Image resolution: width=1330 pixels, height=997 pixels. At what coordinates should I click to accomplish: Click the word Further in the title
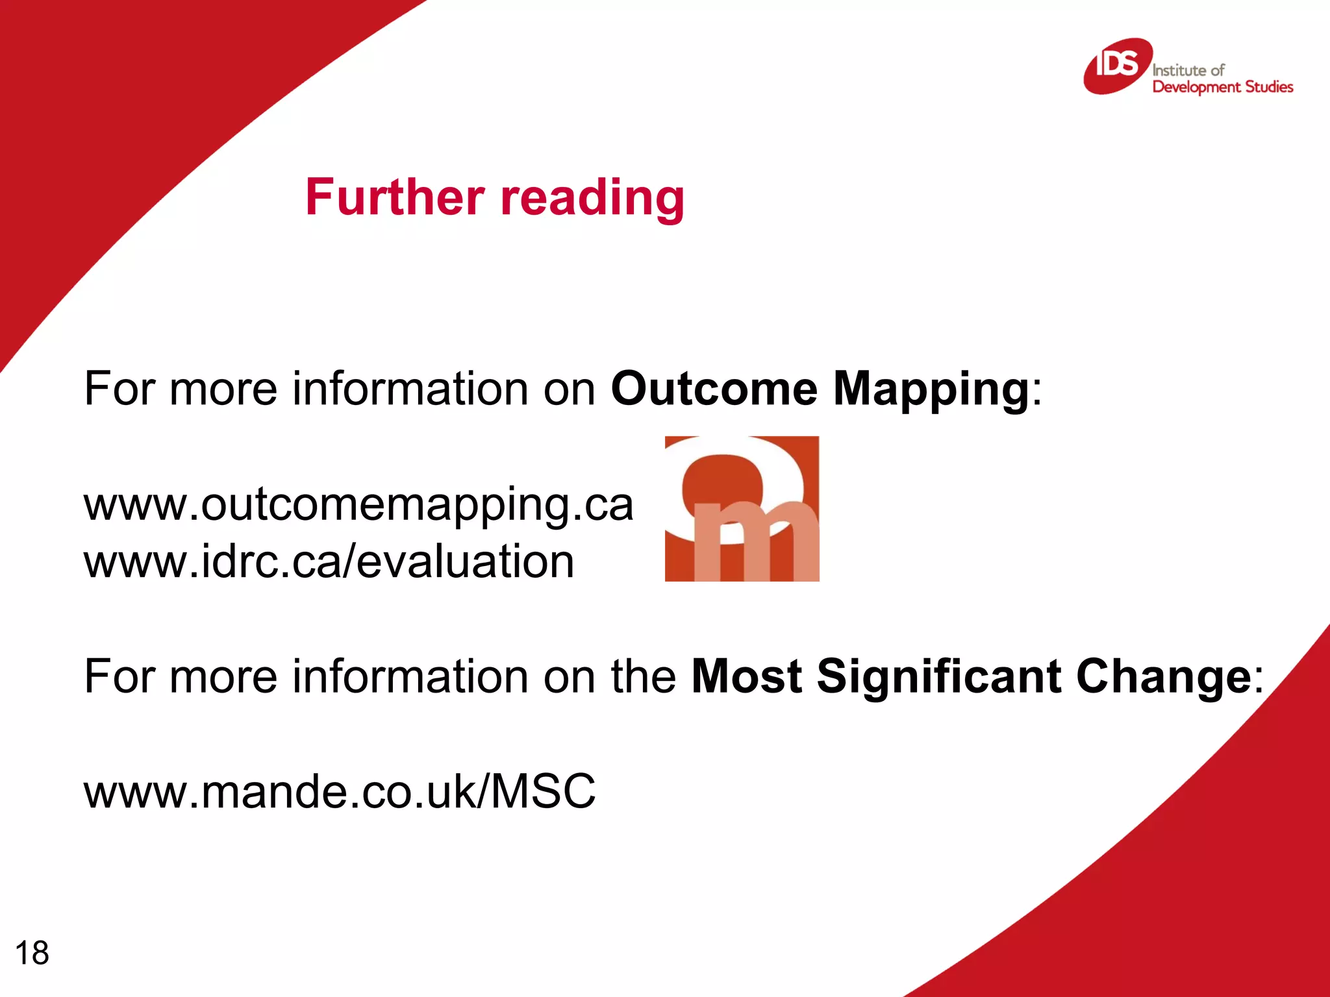point(395,197)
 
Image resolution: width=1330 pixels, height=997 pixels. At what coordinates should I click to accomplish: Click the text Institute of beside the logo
point(1188,70)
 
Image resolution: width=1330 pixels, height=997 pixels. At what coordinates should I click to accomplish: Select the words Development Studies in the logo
point(1222,87)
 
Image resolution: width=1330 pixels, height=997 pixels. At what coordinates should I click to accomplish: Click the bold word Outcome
point(714,389)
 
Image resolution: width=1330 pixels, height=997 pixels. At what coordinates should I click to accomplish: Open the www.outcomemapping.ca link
point(358,505)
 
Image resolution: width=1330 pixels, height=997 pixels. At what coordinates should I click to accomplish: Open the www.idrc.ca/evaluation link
point(329,561)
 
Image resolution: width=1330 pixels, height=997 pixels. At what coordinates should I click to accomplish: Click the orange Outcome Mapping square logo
point(742,508)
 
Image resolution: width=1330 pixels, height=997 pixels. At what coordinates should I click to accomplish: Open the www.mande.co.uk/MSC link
point(339,791)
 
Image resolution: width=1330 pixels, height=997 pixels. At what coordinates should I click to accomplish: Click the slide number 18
point(32,953)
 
